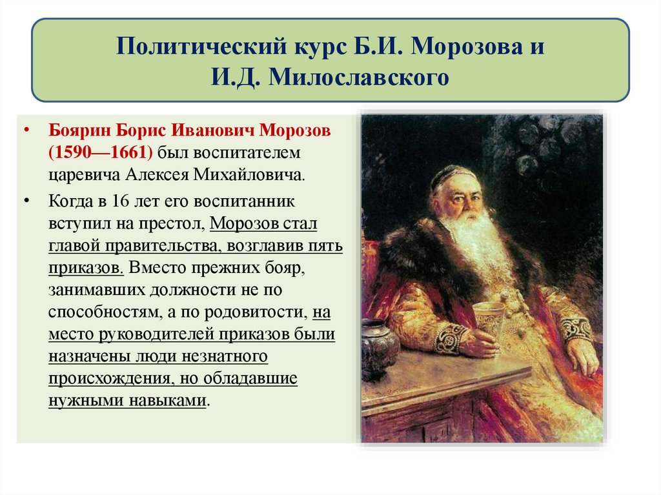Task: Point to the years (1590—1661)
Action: click(99, 153)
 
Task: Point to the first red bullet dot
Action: click(26, 131)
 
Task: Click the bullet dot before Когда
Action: click(26, 201)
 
